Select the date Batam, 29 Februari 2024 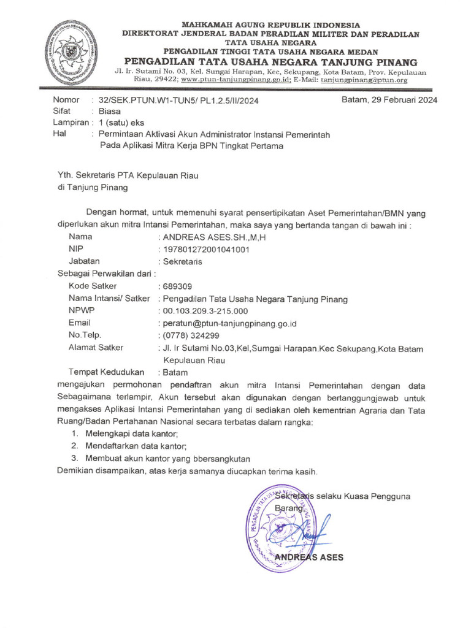pos(389,101)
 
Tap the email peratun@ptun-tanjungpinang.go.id pos(229,323)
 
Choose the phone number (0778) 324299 pos(191,335)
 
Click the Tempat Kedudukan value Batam pos(176,372)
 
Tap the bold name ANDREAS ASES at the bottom pos(309,557)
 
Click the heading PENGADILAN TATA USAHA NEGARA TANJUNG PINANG pos(270,63)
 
